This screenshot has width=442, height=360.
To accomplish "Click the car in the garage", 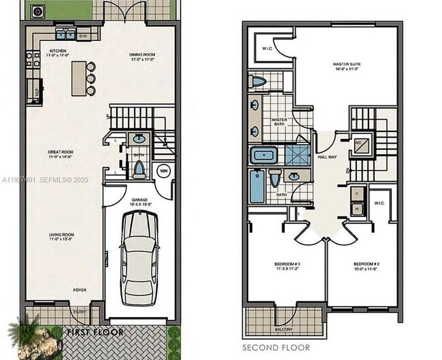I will pyautogui.click(x=141, y=259).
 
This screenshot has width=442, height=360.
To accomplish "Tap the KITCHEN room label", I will pyautogui.click(x=57, y=52).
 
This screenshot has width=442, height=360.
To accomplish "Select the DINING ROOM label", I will pyautogui.click(x=144, y=55).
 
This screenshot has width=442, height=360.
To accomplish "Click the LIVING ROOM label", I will pyautogui.click(x=61, y=235).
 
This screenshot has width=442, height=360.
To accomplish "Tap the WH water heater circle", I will pyautogui.click(x=164, y=170).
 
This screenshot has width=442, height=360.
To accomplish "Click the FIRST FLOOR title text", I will pyautogui.click(x=95, y=333).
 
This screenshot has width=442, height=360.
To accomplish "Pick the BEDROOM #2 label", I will pyautogui.click(x=366, y=264).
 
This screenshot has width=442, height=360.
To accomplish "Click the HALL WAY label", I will pyautogui.click(x=328, y=157).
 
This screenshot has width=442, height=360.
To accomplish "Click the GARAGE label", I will pyautogui.click(x=140, y=200).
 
